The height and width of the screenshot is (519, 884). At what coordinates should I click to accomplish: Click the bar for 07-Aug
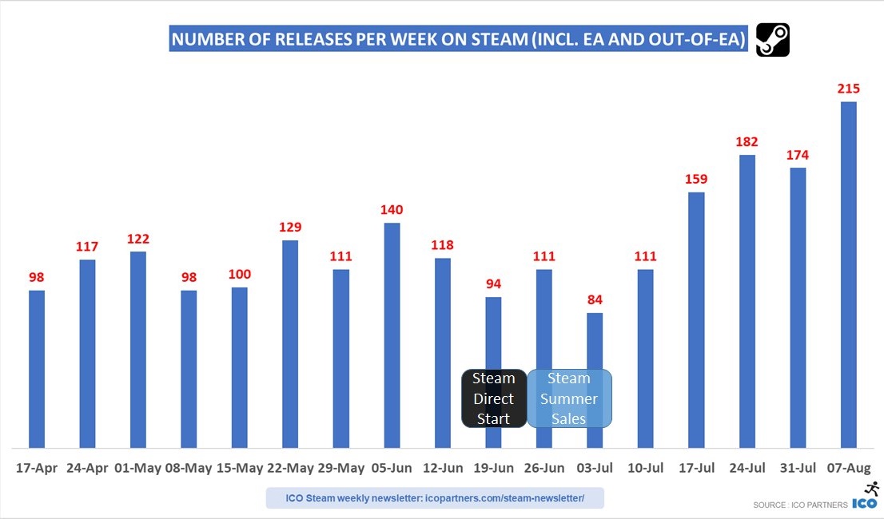tap(849, 275)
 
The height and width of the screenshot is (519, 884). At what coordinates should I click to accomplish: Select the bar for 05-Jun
tap(392, 335)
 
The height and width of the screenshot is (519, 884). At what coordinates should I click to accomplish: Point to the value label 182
tap(747, 141)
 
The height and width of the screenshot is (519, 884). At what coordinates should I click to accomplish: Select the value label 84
tap(595, 299)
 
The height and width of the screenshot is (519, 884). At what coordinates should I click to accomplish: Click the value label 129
tap(290, 227)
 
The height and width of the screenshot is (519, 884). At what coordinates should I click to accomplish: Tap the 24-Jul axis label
tap(747, 468)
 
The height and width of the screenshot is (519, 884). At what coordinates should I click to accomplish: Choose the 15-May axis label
tap(239, 468)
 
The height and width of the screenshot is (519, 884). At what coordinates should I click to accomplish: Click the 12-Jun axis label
tap(443, 468)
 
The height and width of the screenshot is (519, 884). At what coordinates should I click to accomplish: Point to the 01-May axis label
tap(137, 468)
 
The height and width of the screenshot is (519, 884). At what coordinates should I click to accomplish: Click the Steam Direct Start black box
tap(494, 398)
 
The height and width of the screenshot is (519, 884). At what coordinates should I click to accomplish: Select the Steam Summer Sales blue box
tap(569, 398)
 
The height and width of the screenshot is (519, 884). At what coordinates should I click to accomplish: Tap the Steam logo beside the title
tap(773, 40)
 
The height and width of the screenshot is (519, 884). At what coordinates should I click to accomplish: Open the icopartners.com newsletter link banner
tap(435, 499)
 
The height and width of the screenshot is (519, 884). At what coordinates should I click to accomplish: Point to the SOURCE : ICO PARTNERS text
tap(800, 505)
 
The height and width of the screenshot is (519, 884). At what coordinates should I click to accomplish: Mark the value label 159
tap(696, 179)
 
